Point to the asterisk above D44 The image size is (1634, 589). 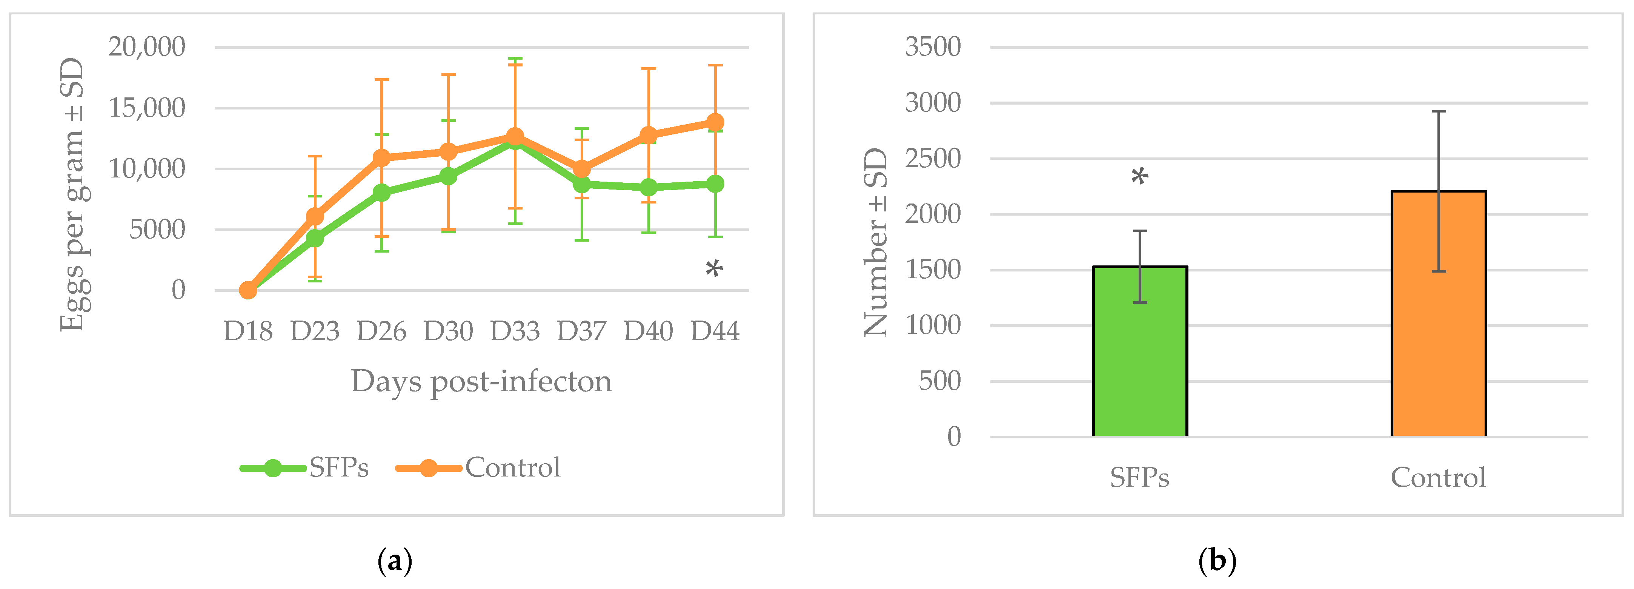pyautogui.click(x=714, y=270)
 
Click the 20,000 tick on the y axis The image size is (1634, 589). pyautogui.click(x=146, y=47)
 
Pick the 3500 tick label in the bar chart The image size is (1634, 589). pyautogui.click(x=932, y=47)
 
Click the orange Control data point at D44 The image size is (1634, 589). pyautogui.click(x=715, y=122)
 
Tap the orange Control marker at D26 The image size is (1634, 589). pyautogui.click(x=381, y=157)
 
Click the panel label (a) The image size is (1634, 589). pyautogui.click(x=395, y=561)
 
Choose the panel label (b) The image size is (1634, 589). pyautogui.click(x=1217, y=561)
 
